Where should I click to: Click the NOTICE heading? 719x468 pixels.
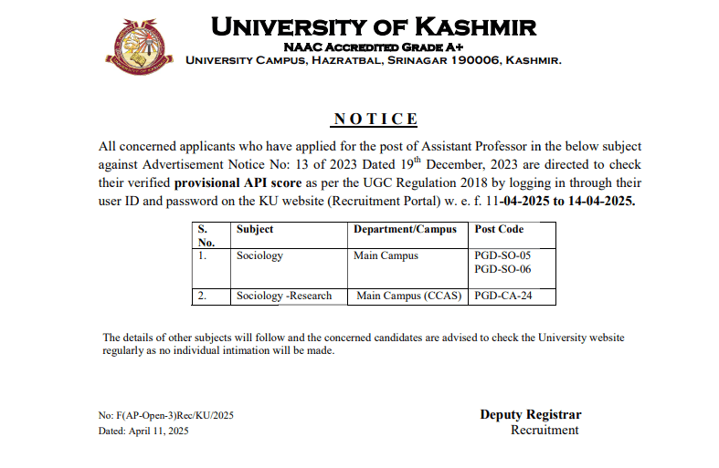pyautogui.click(x=375, y=120)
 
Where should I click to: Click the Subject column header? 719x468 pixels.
pyautogui.click(x=255, y=229)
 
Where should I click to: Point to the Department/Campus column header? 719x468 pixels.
pyautogui.click(x=405, y=229)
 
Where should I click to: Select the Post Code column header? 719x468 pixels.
pyautogui.click(x=499, y=229)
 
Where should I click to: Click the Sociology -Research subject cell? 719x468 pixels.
pyautogui.click(x=284, y=296)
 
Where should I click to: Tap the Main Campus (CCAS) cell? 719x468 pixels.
pyautogui.click(x=408, y=296)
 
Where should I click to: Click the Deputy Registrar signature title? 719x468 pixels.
pyautogui.click(x=530, y=415)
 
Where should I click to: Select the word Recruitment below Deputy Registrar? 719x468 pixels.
pyautogui.click(x=545, y=430)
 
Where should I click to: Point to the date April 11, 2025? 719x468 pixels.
pyautogui.click(x=158, y=431)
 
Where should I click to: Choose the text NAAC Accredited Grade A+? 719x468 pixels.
pyautogui.click(x=374, y=47)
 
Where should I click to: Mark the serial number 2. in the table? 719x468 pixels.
pyautogui.click(x=202, y=296)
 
